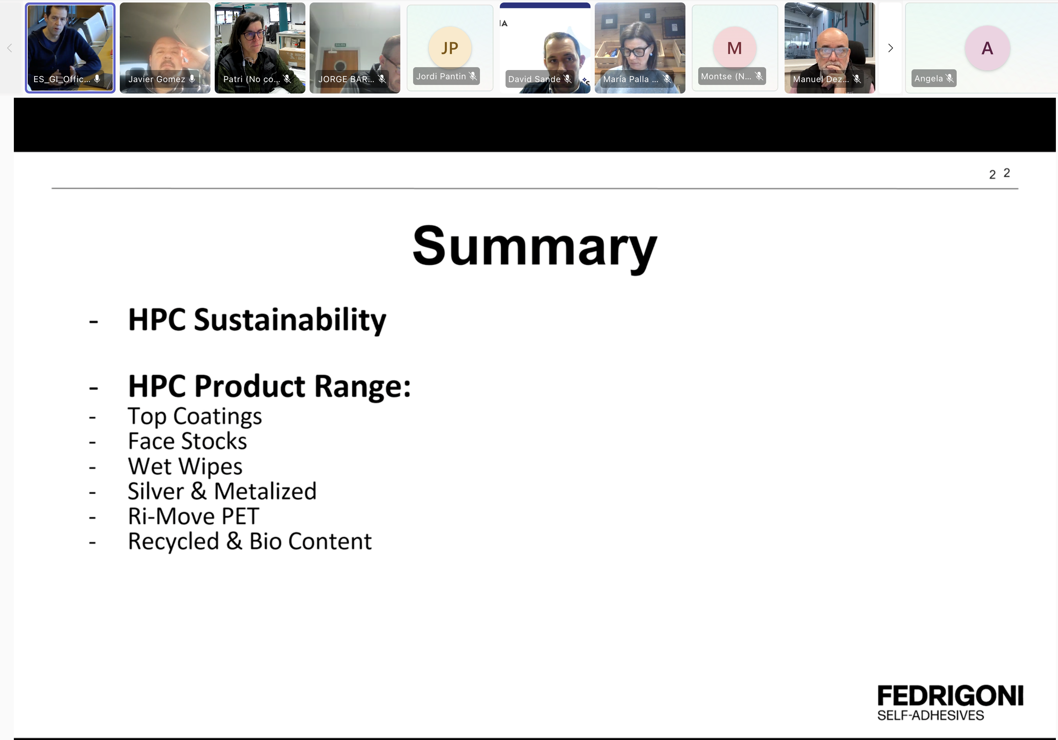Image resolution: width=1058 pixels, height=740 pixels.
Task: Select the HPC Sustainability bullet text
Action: (x=257, y=320)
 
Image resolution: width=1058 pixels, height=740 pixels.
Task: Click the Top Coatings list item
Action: (x=195, y=417)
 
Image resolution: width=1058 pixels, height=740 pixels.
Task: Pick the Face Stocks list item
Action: (x=188, y=441)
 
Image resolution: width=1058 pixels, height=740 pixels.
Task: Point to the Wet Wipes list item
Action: (x=185, y=466)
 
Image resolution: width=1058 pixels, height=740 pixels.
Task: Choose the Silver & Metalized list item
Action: (x=222, y=491)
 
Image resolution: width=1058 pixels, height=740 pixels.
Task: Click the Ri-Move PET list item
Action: (x=193, y=516)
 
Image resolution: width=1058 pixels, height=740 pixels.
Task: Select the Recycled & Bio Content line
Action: (x=250, y=541)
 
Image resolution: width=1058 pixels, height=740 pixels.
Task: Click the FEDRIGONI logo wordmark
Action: (x=950, y=696)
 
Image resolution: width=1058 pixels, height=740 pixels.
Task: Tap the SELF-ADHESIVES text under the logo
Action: (x=930, y=715)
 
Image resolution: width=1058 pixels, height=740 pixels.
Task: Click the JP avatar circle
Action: (x=450, y=48)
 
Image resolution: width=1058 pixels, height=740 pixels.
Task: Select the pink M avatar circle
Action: (x=734, y=48)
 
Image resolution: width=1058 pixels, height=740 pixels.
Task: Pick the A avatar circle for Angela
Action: (x=987, y=48)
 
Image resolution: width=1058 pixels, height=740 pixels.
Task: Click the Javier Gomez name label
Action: (x=157, y=79)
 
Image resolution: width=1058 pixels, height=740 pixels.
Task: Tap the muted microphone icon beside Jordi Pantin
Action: (x=473, y=76)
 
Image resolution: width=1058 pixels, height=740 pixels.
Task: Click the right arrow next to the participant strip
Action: (x=890, y=48)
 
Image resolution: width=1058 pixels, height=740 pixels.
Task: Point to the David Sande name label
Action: (x=534, y=79)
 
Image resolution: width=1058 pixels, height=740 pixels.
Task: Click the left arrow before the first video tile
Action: (x=10, y=48)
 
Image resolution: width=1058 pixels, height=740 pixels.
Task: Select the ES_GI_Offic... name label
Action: (x=62, y=79)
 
